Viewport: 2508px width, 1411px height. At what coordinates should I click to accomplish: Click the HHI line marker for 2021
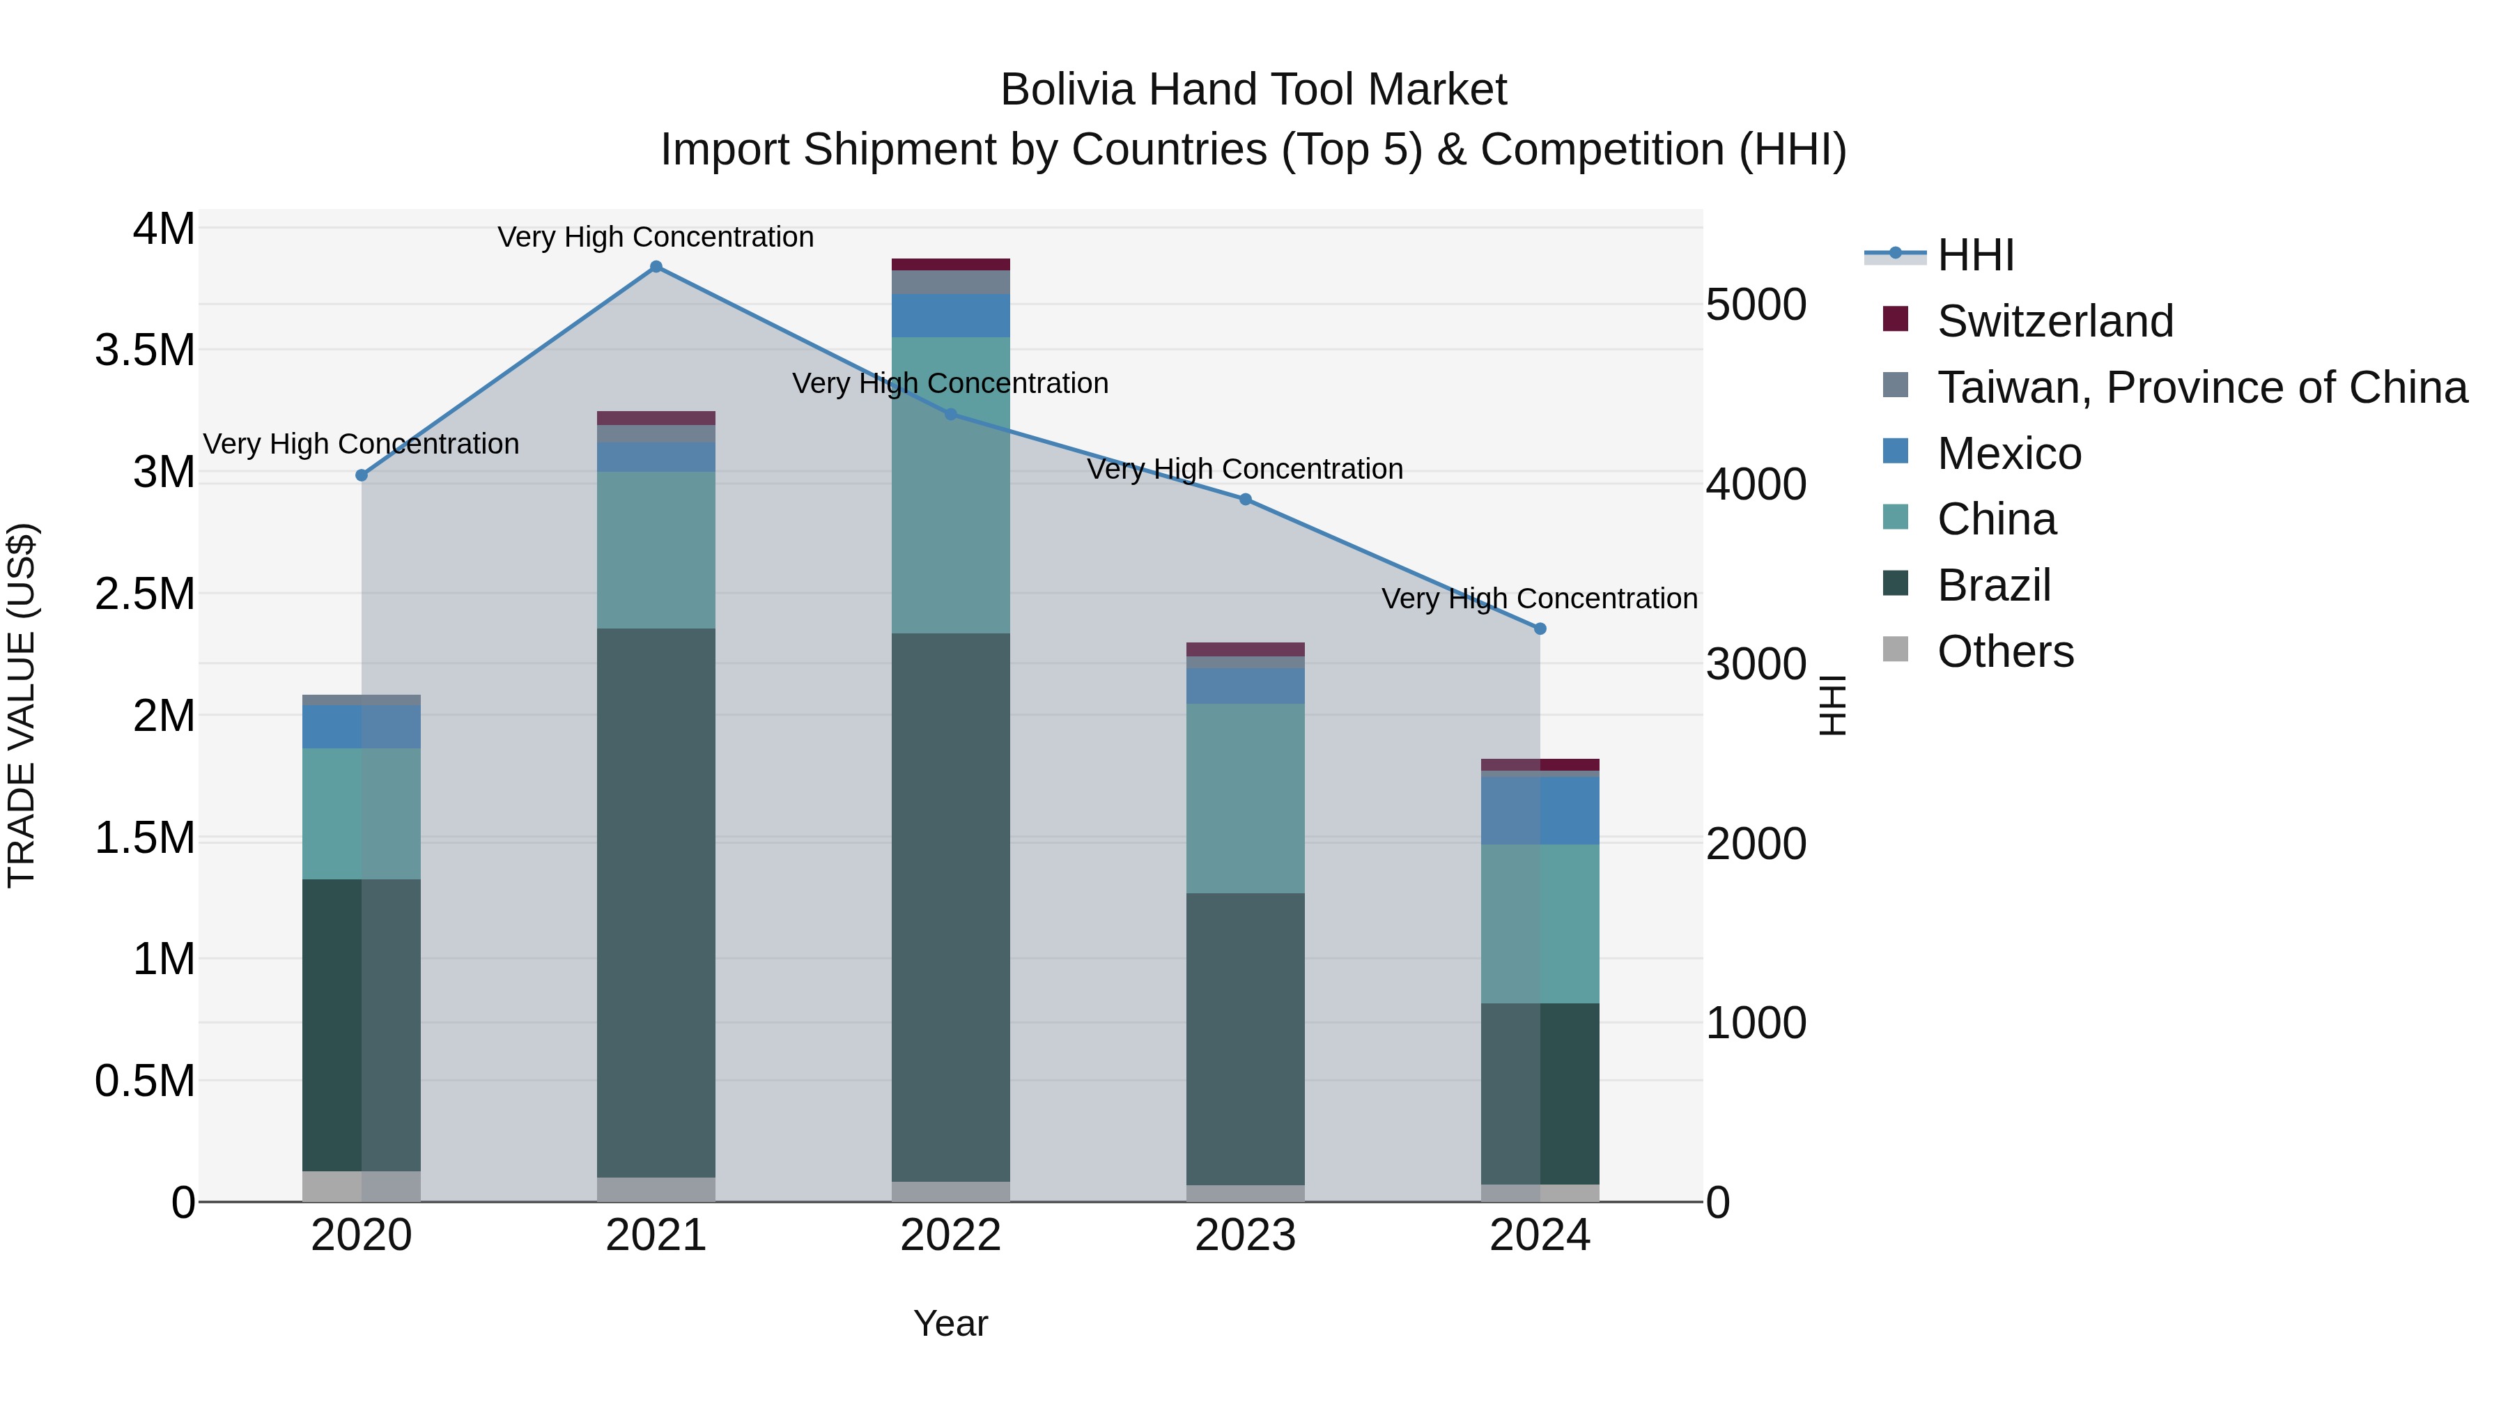point(656,267)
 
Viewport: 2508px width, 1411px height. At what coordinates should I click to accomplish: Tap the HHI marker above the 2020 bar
point(361,475)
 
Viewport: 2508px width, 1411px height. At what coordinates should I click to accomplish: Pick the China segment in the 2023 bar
point(1244,798)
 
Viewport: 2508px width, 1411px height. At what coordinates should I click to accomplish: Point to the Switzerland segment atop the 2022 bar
point(950,265)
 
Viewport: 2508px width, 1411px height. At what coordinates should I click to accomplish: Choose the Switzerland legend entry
point(2054,321)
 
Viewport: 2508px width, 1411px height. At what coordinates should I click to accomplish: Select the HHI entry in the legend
point(1974,255)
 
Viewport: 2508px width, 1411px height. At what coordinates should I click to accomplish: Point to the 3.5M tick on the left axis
point(145,350)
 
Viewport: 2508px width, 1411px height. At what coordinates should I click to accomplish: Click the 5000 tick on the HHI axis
point(1756,304)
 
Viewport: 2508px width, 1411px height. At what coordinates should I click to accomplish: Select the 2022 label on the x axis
point(950,1235)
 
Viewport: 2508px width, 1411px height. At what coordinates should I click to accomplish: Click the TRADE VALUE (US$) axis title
point(22,705)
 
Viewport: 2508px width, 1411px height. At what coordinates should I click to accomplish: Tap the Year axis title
point(950,1323)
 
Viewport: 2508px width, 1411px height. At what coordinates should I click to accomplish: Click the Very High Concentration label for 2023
point(1244,470)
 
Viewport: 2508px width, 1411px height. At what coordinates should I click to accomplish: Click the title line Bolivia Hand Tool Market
point(1253,90)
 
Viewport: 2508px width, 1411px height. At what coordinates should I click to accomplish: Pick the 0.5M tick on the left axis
point(145,1081)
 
